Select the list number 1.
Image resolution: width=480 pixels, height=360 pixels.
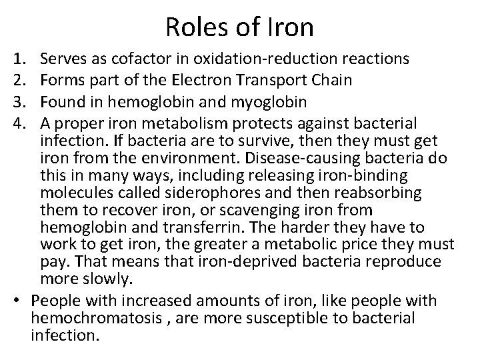[18, 60]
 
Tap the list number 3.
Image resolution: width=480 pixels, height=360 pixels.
[18, 102]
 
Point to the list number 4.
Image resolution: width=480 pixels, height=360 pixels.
[18, 123]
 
